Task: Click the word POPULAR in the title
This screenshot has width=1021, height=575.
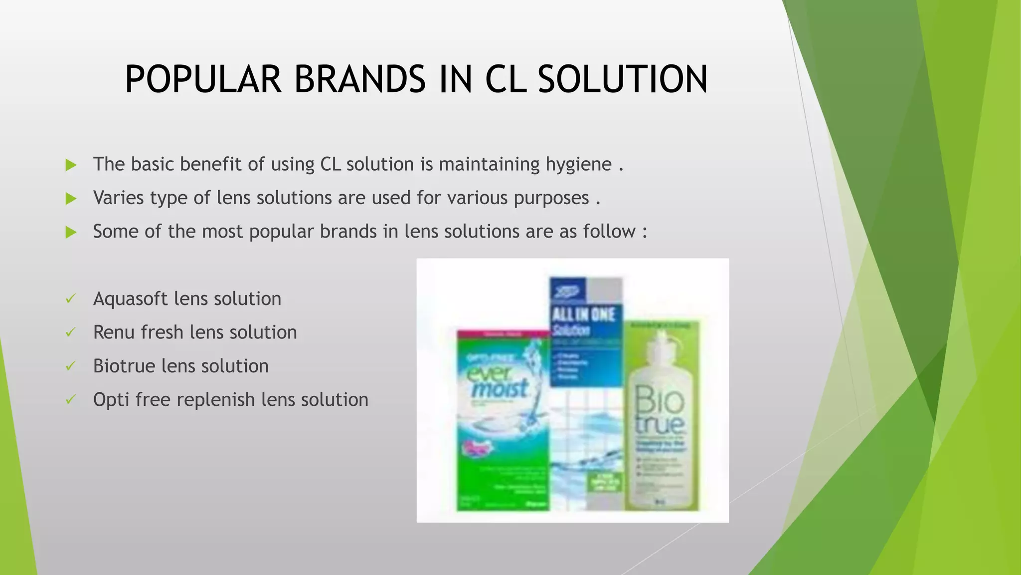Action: (203, 80)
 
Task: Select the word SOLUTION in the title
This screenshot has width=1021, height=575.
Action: (623, 80)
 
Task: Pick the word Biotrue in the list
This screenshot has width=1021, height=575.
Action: (124, 366)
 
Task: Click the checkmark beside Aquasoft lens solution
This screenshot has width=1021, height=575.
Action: (70, 299)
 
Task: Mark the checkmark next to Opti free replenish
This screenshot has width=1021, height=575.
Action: (70, 400)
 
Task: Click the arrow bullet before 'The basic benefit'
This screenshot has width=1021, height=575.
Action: (71, 165)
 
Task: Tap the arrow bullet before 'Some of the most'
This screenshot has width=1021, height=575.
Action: (71, 232)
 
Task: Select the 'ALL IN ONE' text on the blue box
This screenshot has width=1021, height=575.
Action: (583, 315)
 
